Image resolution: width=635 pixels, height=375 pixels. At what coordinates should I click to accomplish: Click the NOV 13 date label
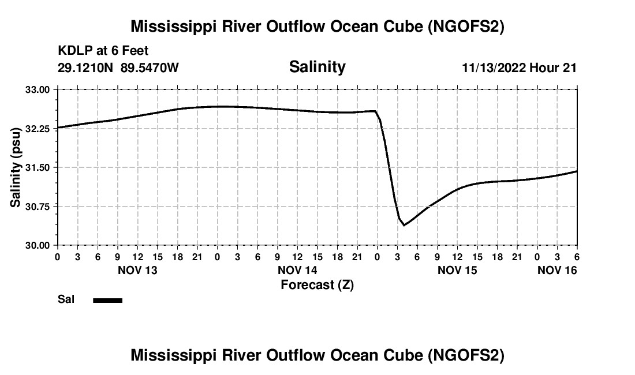click(137, 270)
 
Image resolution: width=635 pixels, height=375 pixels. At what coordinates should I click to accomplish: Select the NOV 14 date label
click(298, 270)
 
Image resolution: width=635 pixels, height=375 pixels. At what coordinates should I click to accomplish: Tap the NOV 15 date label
click(457, 270)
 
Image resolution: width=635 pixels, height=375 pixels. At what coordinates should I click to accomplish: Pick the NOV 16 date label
click(557, 270)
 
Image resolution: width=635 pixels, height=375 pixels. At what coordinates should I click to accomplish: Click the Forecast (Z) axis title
click(317, 284)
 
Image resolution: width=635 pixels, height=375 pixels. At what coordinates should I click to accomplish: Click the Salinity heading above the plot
click(317, 67)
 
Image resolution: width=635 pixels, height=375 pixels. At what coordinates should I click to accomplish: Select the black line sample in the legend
click(107, 300)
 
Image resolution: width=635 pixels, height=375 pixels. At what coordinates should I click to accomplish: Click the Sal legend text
click(65, 299)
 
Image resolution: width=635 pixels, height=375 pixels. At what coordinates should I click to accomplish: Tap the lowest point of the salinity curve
click(404, 225)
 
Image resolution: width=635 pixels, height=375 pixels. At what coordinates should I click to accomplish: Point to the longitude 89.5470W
click(150, 67)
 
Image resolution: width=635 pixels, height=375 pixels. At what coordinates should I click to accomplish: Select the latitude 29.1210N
click(86, 67)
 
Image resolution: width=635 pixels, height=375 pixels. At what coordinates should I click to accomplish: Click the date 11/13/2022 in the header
click(494, 67)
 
